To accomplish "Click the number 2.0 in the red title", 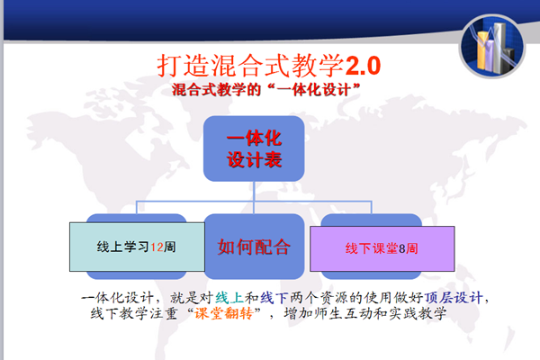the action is [363, 66].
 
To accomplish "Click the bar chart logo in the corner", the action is [492, 46].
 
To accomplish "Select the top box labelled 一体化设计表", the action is [254, 148].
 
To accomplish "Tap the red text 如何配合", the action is [254, 247].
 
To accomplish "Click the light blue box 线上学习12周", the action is [137, 247].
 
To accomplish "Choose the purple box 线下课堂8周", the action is [382, 248].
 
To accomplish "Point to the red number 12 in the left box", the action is [157, 247].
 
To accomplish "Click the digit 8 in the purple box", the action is [402, 248].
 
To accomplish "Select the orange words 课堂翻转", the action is [223, 313].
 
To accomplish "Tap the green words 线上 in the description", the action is [229, 298].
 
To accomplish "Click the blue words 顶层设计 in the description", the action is [454, 298].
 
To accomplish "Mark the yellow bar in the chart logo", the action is [483, 49].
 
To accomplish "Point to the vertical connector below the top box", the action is [254, 197].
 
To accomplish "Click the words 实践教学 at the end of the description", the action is [418, 313].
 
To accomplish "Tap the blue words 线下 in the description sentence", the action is [274, 298].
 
